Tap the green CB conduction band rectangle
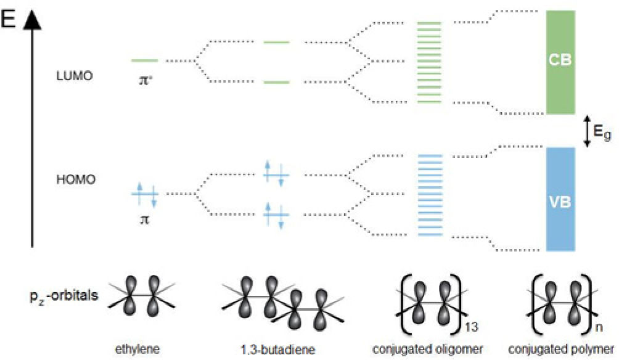tap(560, 62)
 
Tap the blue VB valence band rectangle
tap(560, 199)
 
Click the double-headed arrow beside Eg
tap(587, 131)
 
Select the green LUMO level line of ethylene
tap(144, 60)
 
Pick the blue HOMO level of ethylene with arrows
tap(145, 194)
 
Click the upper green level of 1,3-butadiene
tap(276, 43)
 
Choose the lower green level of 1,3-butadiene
tap(276, 82)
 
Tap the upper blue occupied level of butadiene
tap(276, 174)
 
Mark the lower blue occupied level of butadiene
tap(276, 214)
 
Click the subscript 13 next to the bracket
tap(473, 320)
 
